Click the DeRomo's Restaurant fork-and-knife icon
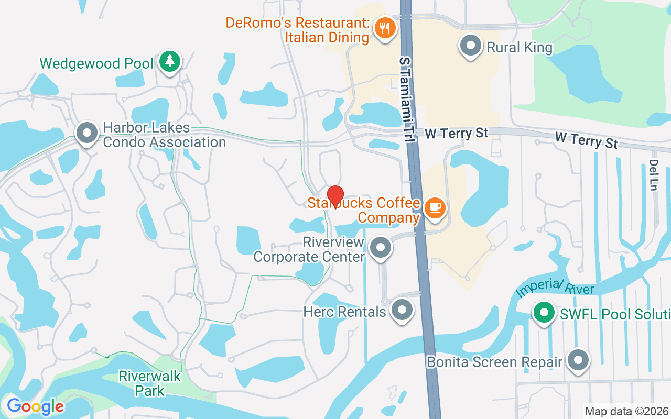pos(386,28)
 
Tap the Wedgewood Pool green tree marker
pos(169,62)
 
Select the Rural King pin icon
pos(470,46)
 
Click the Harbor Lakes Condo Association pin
pos(87,133)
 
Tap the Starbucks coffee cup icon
pos(435,208)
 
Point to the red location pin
pos(335,196)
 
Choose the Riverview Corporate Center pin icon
pos(381,247)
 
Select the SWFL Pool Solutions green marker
pos(544,313)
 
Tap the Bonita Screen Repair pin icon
pos(578,360)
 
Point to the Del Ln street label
pos(653,175)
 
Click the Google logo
pos(35,406)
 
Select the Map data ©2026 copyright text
pos(626,411)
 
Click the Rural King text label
pos(520,48)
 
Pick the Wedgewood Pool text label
pos(96,64)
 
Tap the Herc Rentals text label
pos(344,312)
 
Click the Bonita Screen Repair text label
pos(494,362)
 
